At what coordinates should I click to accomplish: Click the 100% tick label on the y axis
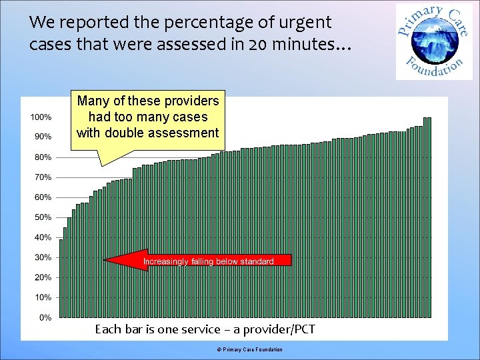[41, 117]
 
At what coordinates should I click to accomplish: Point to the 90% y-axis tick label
[42, 137]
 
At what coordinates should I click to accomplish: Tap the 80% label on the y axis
[42, 157]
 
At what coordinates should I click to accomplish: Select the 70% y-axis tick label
[42, 177]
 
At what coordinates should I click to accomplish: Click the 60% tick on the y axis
[42, 197]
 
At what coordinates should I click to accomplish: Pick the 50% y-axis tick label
[42, 217]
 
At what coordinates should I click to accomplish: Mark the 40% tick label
[42, 237]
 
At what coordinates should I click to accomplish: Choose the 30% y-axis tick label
[42, 257]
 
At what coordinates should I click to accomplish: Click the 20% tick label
[42, 277]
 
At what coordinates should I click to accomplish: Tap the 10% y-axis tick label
[42, 297]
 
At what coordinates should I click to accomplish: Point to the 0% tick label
[44, 317]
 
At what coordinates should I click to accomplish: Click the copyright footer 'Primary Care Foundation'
[253, 350]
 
